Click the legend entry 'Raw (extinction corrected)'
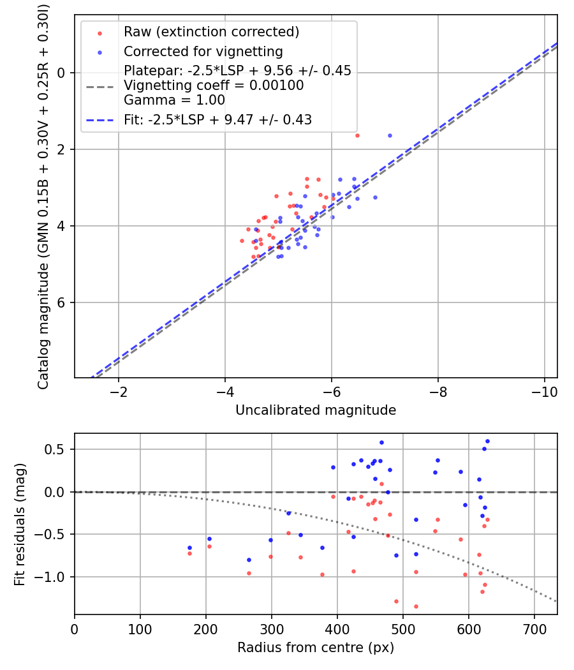[211, 32]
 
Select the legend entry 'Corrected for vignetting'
[203, 51]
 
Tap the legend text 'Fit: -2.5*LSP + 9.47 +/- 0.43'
[217, 119]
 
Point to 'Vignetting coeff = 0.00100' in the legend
[214, 86]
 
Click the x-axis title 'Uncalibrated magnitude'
[316, 410]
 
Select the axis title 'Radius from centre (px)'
[316, 648]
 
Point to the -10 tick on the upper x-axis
[544, 392]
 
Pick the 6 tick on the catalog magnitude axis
[63, 302]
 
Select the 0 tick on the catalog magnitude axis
[63, 73]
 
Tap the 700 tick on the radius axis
[534, 629]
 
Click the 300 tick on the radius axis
[272, 629]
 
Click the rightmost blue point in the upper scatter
[390, 135]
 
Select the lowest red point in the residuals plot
[416, 606]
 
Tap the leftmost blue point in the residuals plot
[189, 547]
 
